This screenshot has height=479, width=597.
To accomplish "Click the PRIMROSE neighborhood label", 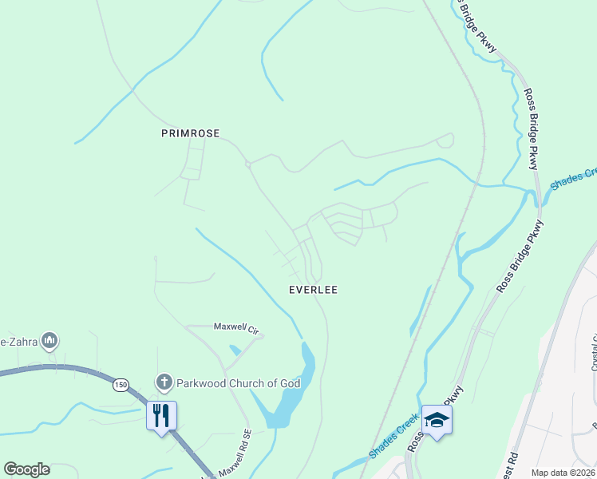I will pyautogui.click(x=190, y=133).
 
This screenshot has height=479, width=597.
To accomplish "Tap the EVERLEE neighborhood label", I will pyautogui.click(x=313, y=290).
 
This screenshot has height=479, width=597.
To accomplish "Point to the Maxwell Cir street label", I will pyautogui.click(x=237, y=327).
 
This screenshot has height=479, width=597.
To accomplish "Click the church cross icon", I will pyautogui.click(x=164, y=383).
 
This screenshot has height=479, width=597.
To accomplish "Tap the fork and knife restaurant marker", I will pyautogui.click(x=161, y=415).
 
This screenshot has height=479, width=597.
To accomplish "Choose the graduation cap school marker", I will pyautogui.click(x=437, y=419).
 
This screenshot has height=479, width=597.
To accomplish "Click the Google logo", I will pyautogui.click(x=27, y=469).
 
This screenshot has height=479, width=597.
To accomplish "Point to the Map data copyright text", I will pyautogui.click(x=563, y=473).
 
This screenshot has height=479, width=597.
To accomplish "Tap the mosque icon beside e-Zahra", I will pyautogui.click(x=49, y=342).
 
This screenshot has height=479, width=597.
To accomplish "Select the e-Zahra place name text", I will pyautogui.click(x=18, y=342).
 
